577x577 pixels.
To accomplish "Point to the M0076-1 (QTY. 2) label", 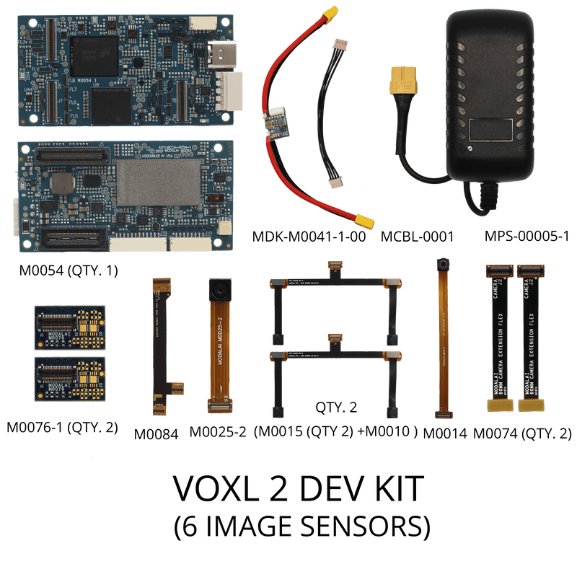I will [62, 427].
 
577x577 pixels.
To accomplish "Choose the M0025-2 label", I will [218, 432].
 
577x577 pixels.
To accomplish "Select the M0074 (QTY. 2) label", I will [522, 433].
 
